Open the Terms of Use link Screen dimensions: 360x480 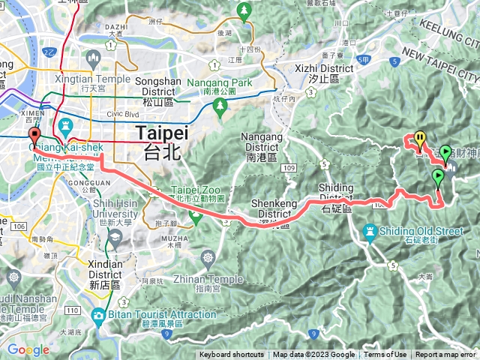click(385, 355)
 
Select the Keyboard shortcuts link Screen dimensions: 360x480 click(231, 355)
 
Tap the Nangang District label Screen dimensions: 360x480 click(262, 142)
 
